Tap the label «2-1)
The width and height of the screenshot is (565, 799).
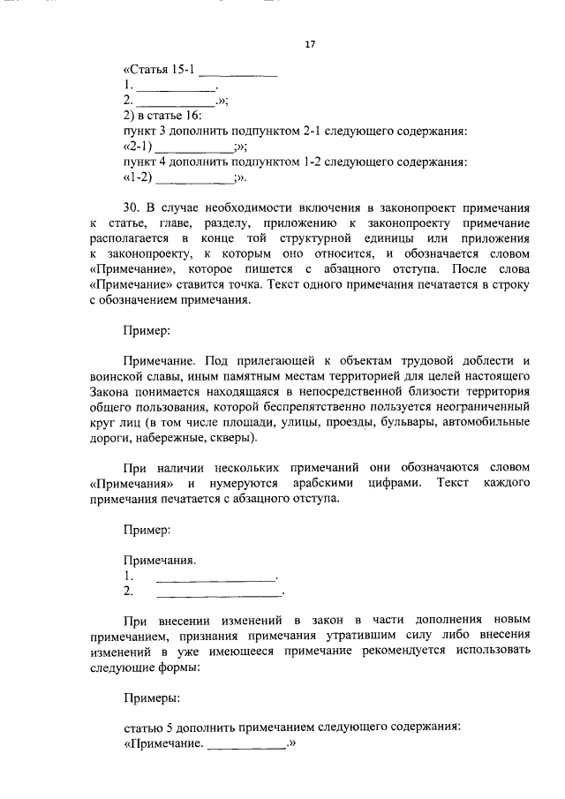[139, 147]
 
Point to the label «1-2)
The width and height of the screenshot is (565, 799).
[139, 177]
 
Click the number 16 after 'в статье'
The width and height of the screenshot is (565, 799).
[194, 117]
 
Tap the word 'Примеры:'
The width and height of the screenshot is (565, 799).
[152, 697]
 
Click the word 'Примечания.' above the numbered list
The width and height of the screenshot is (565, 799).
[159, 561]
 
